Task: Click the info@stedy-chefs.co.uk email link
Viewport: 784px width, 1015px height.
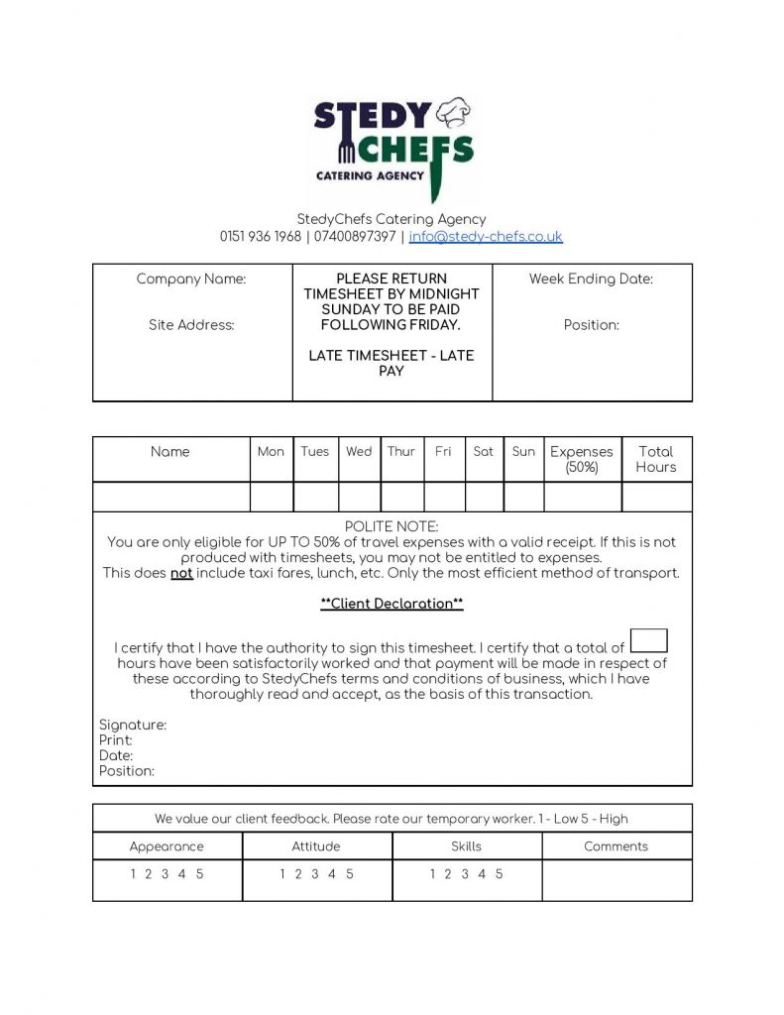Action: pyautogui.click(x=486, y=237)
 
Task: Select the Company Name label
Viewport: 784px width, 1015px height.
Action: pyautogui.click(x=191, y=280)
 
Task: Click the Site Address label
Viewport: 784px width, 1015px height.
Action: pyautogui.click(x=191, y=325)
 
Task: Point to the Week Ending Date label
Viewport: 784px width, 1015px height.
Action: pyautogui.click(x=591, y=280)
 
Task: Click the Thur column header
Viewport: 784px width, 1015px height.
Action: pyautogui.click(x=401, y=452)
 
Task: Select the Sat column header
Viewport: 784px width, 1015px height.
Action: pyautogui.click(x=483, y=452)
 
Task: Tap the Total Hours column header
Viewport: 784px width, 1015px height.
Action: pyautogui.click(x=656, y=459)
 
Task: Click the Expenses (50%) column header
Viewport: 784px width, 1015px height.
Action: pyautogui.click(x=582, y=459)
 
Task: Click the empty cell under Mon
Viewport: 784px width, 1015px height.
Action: pyautogui.click(x=272, y=497)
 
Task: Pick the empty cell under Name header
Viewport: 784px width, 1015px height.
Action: pyautogui.click(x=170, y=497)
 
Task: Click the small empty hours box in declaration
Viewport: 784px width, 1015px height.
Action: pyautogui.click(x=648, y=640)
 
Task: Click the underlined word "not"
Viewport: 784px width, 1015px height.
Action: pyautogui.click(x=181, y=573)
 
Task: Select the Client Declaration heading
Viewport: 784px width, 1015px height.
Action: pyautogui.click(x=392, y=604)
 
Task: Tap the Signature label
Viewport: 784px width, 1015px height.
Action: pyautogui.click(x=133, y=726)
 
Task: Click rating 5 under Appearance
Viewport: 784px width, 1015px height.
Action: pyautogui.click(x=200, y=874)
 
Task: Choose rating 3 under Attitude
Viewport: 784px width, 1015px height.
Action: pyautogui.click(x=315, y=874)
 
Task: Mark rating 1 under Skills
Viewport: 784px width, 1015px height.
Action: pyautogui.click(x=432, y=874)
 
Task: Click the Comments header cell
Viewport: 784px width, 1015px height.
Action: pyautogui.click(x=616, y=846)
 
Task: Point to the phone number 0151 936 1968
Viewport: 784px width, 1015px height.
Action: pyautogui.click(x=261, y=237)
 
